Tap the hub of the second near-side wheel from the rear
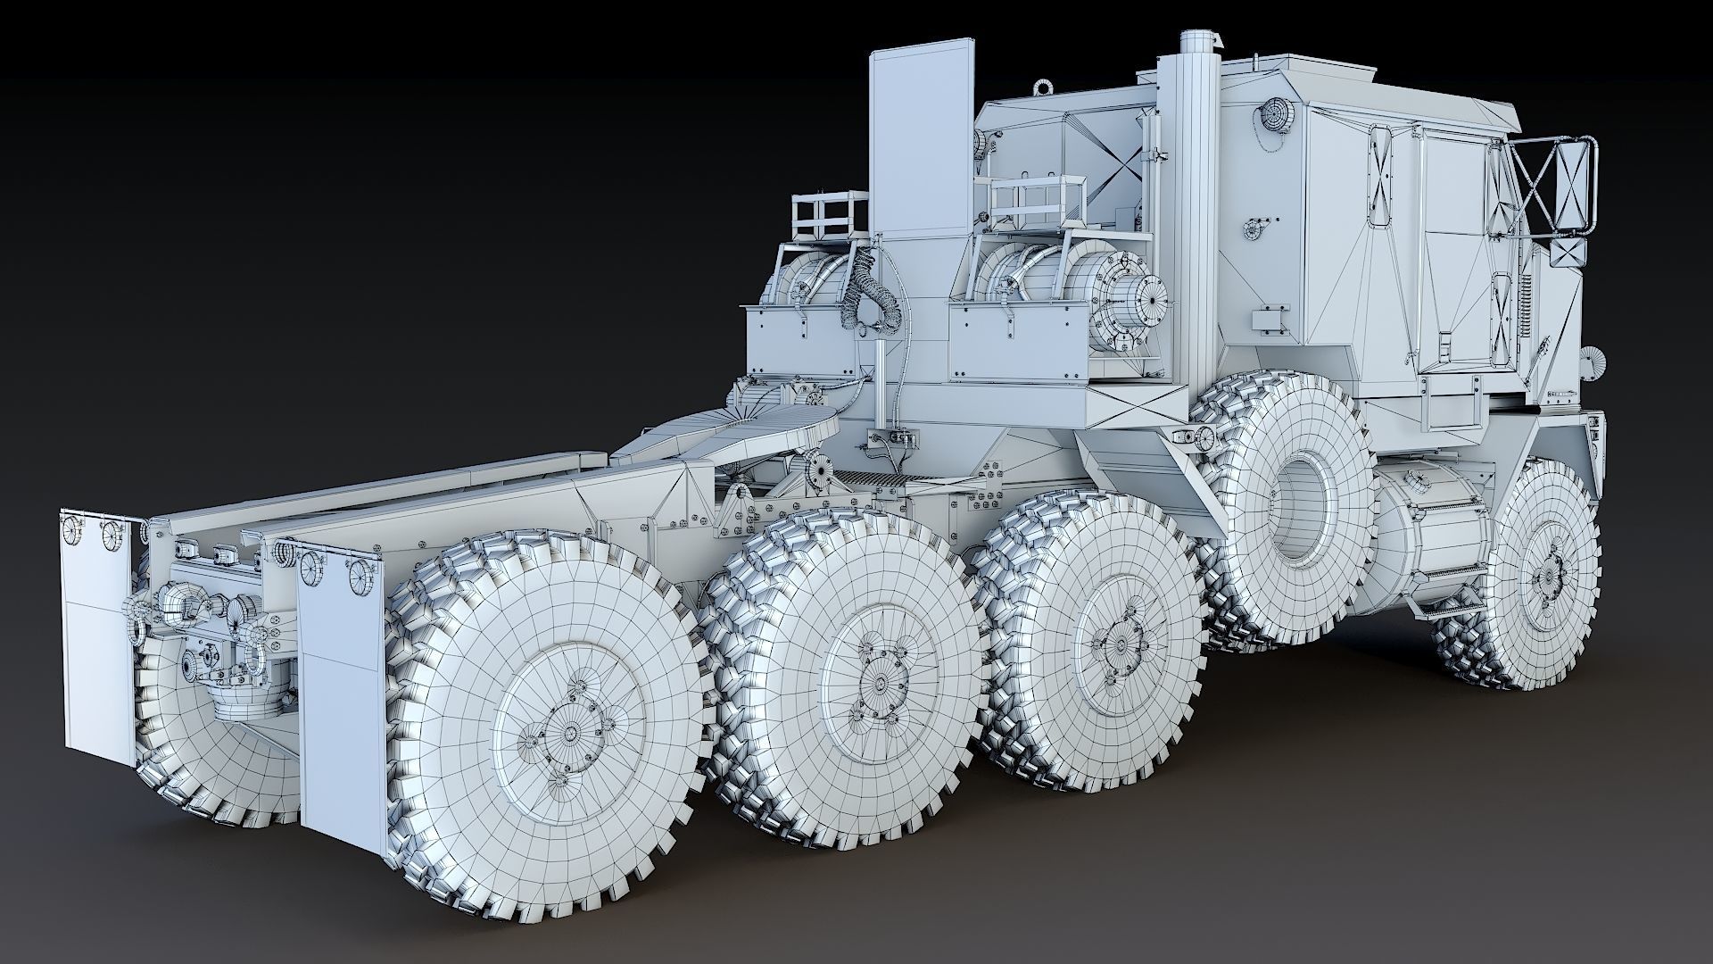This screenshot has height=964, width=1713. pos(879,684)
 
